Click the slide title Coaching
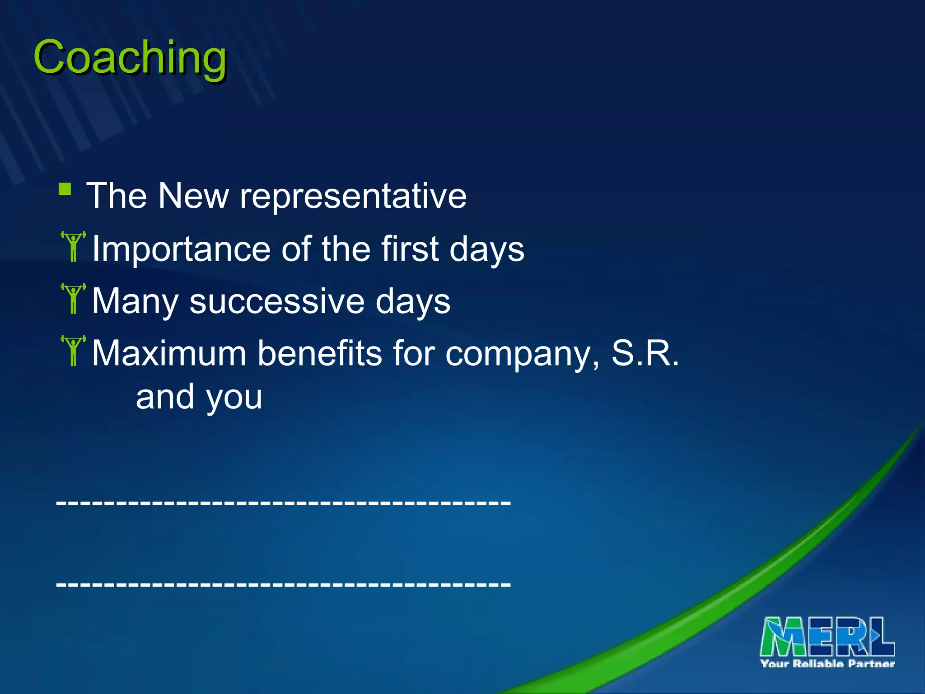(x=130, y=58)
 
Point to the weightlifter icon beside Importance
(x=73, y=247)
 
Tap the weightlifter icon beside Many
(x=73, y=299)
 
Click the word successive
(x=276, y=301)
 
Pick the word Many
(x=135, y=302)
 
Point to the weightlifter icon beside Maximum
(x=73, y=351)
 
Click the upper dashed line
(x=283, y=502)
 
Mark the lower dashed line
(x=283, y=584)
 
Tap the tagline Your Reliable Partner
(x=827, y=664)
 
